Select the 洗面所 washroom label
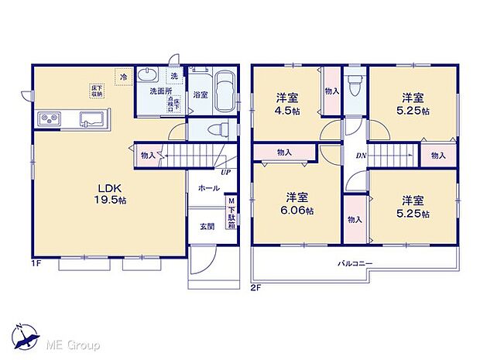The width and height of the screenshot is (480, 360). coord(160,91)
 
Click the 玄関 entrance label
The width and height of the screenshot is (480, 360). coord(207,226)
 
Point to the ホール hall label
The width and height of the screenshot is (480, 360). coord(207,188)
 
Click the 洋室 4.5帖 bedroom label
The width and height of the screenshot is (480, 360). coord(288,104)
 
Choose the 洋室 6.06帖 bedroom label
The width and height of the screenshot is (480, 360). coord(298,203)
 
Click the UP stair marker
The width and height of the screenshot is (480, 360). coord(224,172)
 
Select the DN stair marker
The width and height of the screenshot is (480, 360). coord(361,155)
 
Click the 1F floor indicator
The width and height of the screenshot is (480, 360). coord(37,265)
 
